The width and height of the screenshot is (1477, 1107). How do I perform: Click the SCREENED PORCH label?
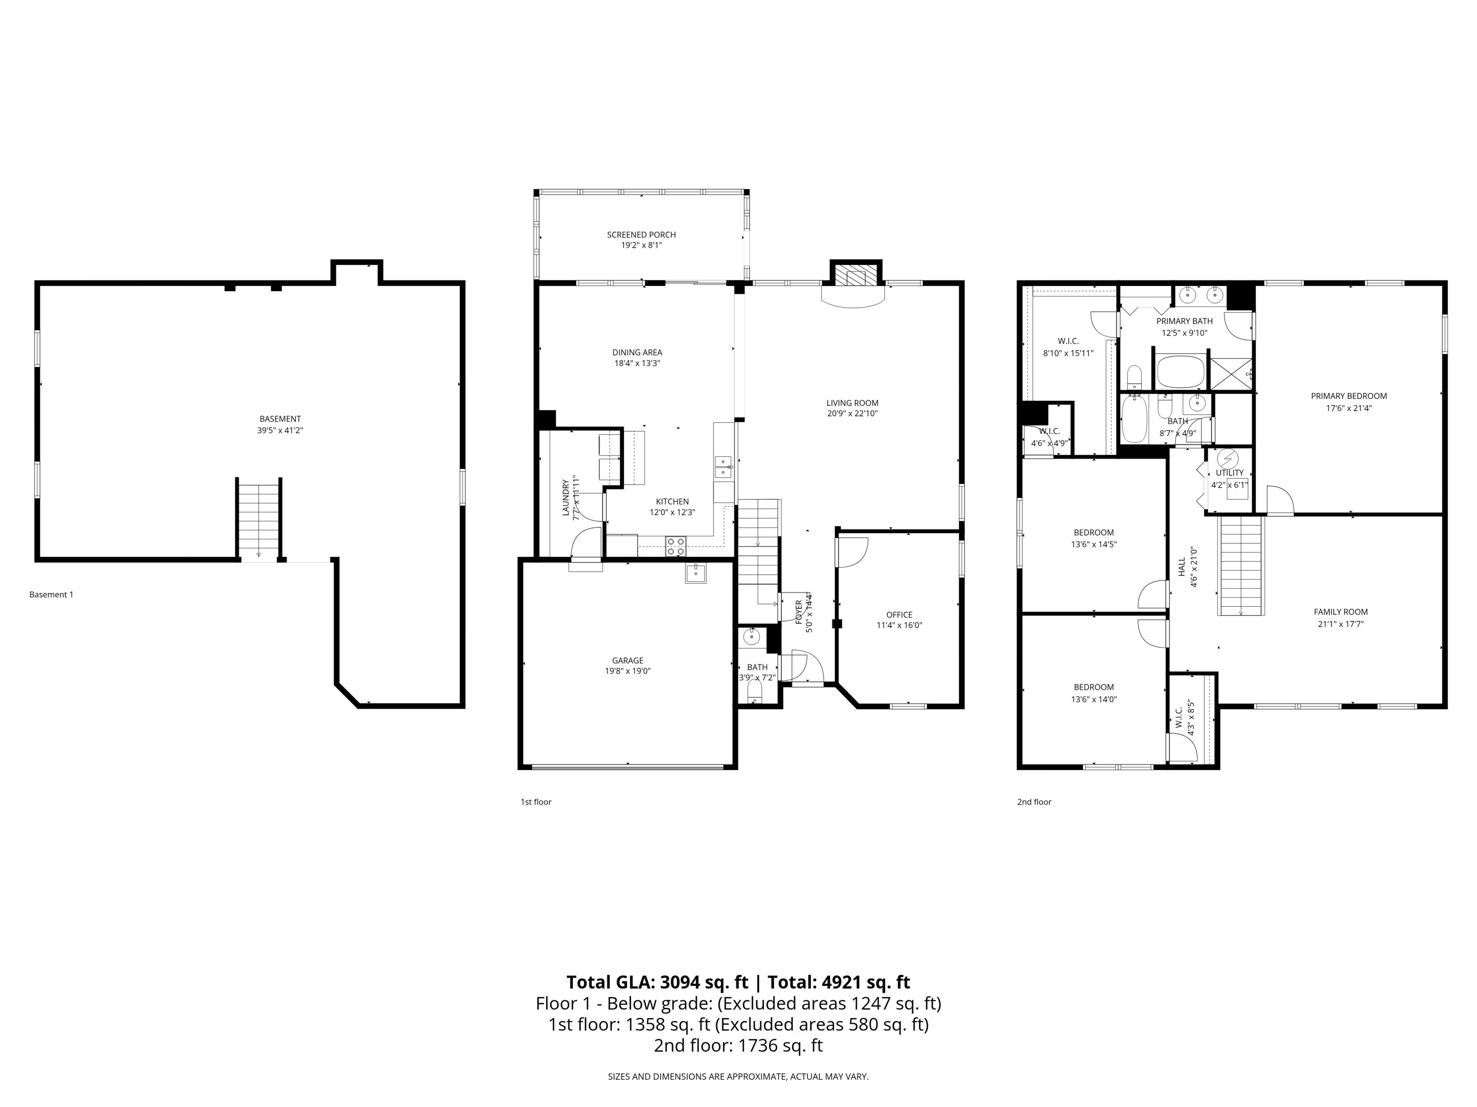[x=641, y=235]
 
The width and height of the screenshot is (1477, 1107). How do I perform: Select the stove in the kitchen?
[x=675, y=546]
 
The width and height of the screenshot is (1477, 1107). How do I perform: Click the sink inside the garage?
[x=695, y=573]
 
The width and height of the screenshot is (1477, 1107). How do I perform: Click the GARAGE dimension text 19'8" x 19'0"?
[x=627, y=671]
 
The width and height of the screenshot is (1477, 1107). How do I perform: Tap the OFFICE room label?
[x=899, y=615]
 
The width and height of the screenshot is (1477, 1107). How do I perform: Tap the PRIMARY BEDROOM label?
[x=1348, y=396]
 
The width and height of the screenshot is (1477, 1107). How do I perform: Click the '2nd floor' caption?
[x=1034, y=802]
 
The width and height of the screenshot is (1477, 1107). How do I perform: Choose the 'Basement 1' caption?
[x=51, y=594]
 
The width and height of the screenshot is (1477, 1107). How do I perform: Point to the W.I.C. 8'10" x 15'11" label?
[x=1068, y=347]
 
